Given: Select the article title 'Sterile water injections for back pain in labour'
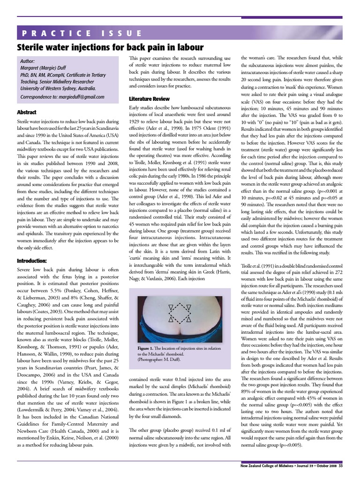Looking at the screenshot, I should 110,47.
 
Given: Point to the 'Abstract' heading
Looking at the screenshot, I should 27,112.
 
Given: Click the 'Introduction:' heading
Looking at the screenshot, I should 32,261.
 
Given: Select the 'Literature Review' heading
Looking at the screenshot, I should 149,99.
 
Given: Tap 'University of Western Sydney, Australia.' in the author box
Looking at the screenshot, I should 58,88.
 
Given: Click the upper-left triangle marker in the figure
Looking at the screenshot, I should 172,307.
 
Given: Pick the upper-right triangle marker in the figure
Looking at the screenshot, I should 188,307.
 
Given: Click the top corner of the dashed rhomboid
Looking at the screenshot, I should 180,301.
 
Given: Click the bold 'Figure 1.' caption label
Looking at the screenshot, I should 148,348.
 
